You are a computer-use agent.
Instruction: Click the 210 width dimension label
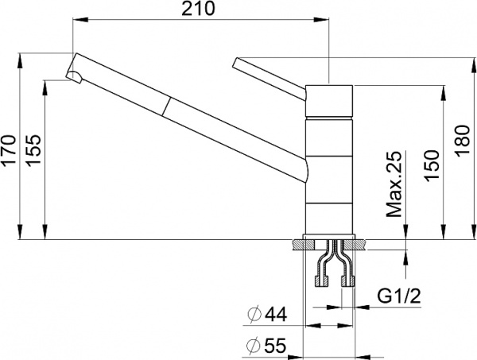(199, 11)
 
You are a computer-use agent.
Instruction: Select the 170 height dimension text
(10, 150)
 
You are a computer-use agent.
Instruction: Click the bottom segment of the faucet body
(328, 221)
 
